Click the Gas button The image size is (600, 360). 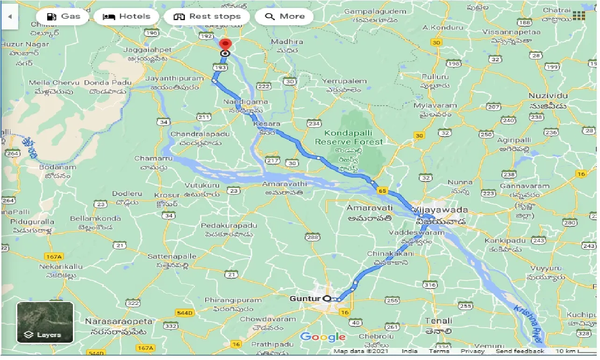point(64,16)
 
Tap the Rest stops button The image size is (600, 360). point(207,16)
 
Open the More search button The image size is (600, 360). point(285,16)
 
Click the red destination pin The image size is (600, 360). point(226,45)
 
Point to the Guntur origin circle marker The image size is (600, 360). point(327,299)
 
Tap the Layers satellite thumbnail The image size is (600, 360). point(45,323)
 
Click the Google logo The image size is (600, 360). point(323,337)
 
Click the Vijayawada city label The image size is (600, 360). point(440,210)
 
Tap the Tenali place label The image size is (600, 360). point(438,321)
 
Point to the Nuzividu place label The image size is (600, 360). point(548,95)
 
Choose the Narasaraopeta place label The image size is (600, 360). point(119,322)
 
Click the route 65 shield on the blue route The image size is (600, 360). point(383,191)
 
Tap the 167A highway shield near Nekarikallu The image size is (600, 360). point(52,257)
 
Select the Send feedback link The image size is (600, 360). point(520,351)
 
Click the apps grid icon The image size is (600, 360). point(579,16)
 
